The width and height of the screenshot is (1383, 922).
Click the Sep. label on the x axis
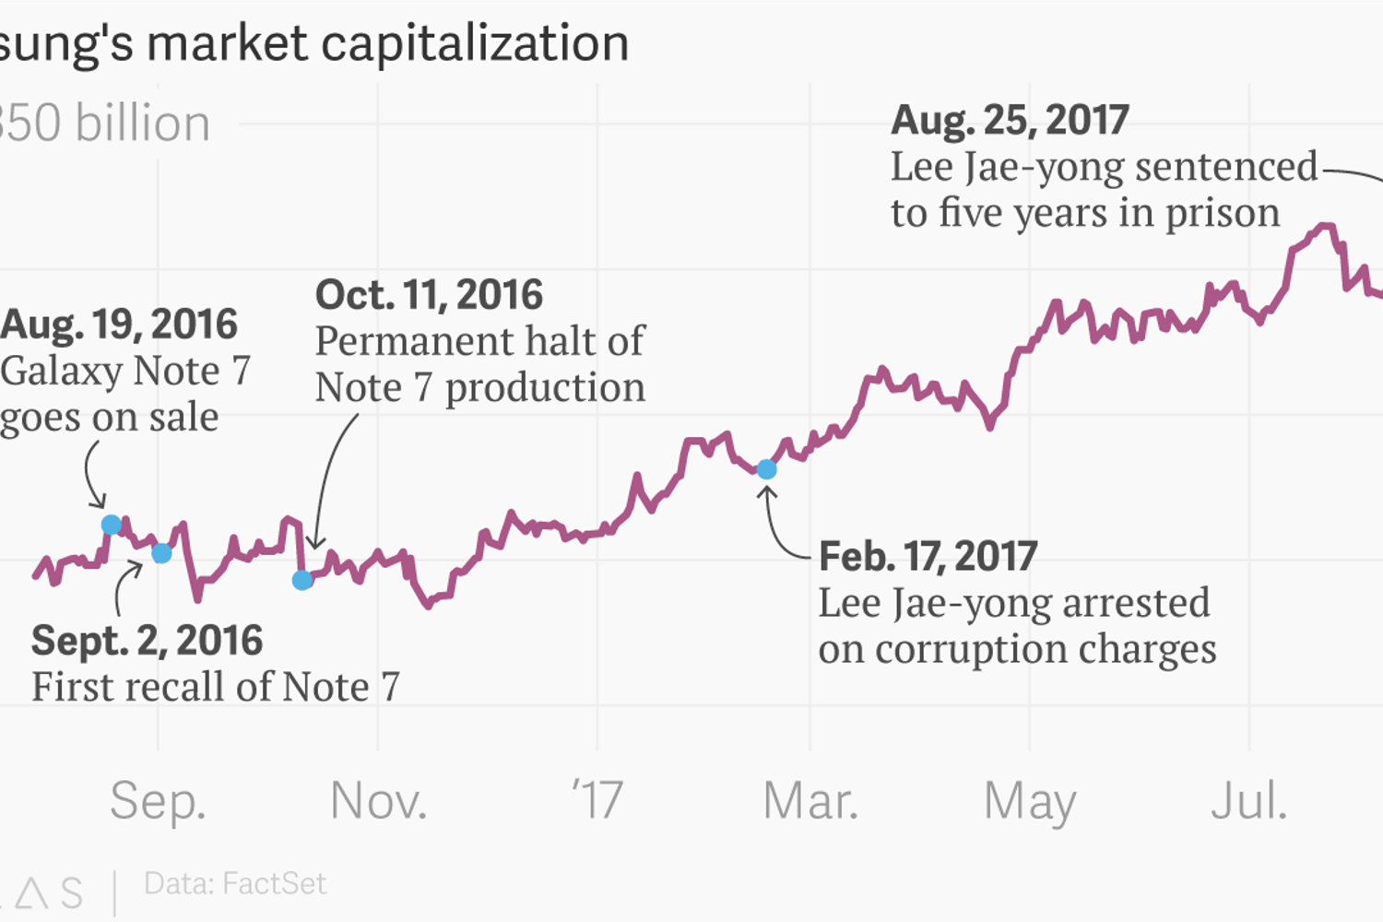[158, 800]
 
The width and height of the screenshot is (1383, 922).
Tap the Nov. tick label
[378, 800]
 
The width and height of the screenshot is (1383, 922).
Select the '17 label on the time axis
[597, 800]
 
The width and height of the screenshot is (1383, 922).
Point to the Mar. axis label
[810, 800]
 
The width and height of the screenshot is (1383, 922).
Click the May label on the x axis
[1030, 800]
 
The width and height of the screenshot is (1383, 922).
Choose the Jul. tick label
[1248, 800]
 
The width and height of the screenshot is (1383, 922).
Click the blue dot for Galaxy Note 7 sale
[111, 525]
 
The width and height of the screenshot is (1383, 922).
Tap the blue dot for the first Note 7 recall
[161, 553]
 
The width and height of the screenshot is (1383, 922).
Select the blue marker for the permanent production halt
[302, 580]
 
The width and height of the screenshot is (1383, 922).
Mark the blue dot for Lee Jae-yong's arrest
[766, 469]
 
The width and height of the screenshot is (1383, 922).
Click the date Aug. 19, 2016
[120, 325]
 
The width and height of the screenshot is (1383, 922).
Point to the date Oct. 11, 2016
[430, 295]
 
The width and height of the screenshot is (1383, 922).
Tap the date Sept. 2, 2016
[148, 641]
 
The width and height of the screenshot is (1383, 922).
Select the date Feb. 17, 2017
[928, 556]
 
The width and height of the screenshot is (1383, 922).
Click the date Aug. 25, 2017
[1010, 120]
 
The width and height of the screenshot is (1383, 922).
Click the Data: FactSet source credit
[235, 883]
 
